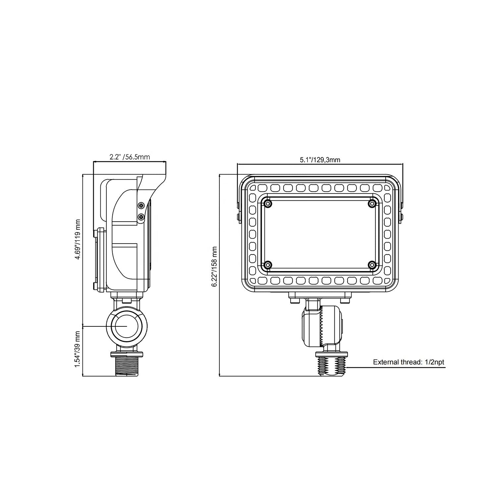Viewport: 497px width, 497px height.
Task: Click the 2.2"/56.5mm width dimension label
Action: click(130, 157)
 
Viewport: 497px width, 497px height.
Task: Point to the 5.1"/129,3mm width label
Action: click(320, 160)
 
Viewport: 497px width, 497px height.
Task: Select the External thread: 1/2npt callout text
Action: click(409, 362)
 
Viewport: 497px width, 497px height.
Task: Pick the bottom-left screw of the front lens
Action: click(268, 265)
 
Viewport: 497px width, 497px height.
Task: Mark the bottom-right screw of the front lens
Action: click(372, 265)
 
